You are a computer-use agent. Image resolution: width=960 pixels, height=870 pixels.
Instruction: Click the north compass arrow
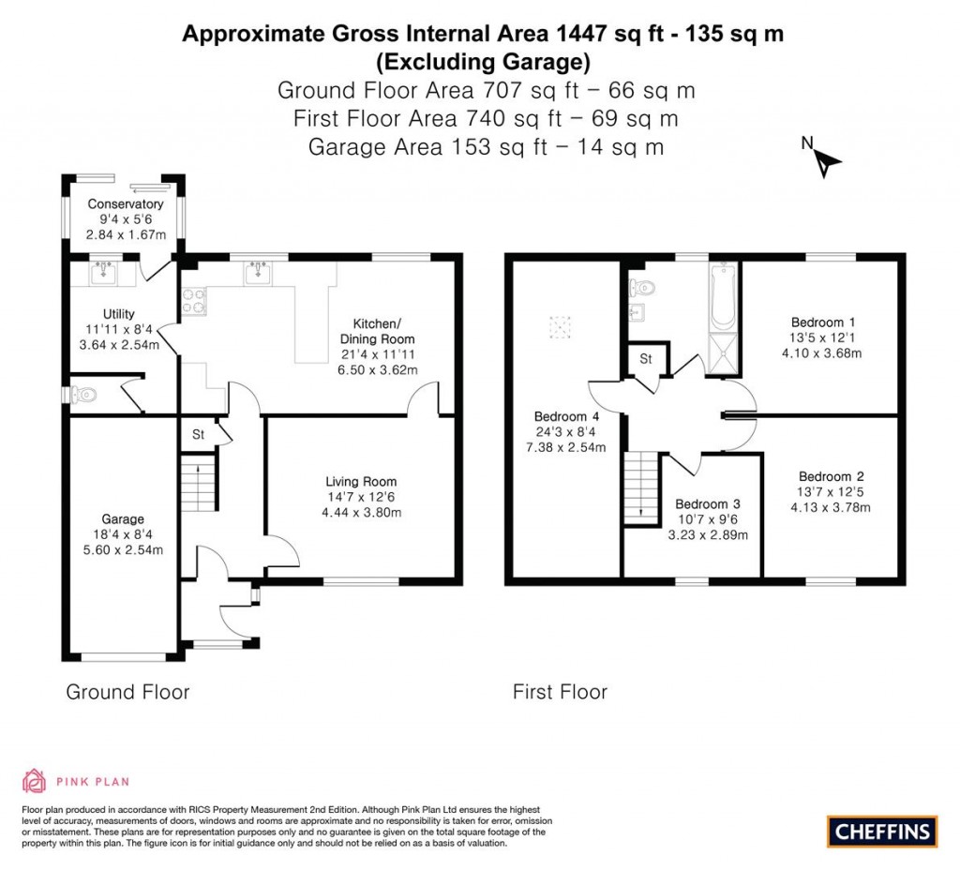click(x=826, y=164)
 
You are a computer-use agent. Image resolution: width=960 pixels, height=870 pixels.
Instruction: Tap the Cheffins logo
click(x=882, y=831)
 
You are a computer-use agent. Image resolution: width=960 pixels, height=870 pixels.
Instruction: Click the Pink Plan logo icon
click(x=34, y=781)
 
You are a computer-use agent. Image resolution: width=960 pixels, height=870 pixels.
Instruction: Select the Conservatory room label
click(x=126, y=204)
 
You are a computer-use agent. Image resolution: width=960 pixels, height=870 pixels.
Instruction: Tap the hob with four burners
click(x=195, y=300)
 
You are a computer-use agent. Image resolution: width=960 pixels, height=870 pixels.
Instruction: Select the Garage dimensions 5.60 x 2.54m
click(x=123, y=549)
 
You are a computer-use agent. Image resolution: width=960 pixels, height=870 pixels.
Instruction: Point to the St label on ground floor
click(x=199, y=435)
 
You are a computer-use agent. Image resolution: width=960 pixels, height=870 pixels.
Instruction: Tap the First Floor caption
click(x=560, y=692)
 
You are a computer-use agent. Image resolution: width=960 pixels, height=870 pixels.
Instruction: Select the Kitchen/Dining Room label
click(x=378, y=330)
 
